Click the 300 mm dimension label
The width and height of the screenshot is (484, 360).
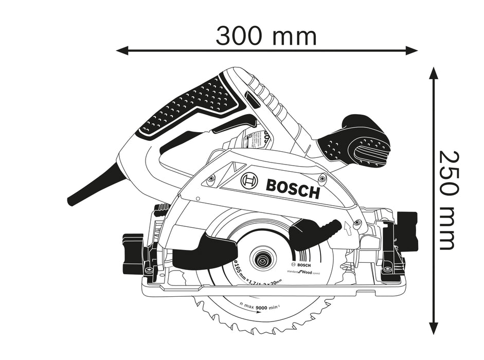(x=266, y=35)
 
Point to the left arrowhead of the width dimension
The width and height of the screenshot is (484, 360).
(x=121, y=50)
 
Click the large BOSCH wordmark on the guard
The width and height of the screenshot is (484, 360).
(x=293, y=188)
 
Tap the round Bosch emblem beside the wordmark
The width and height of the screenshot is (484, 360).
(x=249, y=181)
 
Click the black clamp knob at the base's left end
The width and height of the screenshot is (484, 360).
(x=132, y=251)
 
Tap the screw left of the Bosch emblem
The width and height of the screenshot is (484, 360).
(x=211, y=178)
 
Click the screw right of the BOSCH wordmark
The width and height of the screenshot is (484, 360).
(x=322, y=179)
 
